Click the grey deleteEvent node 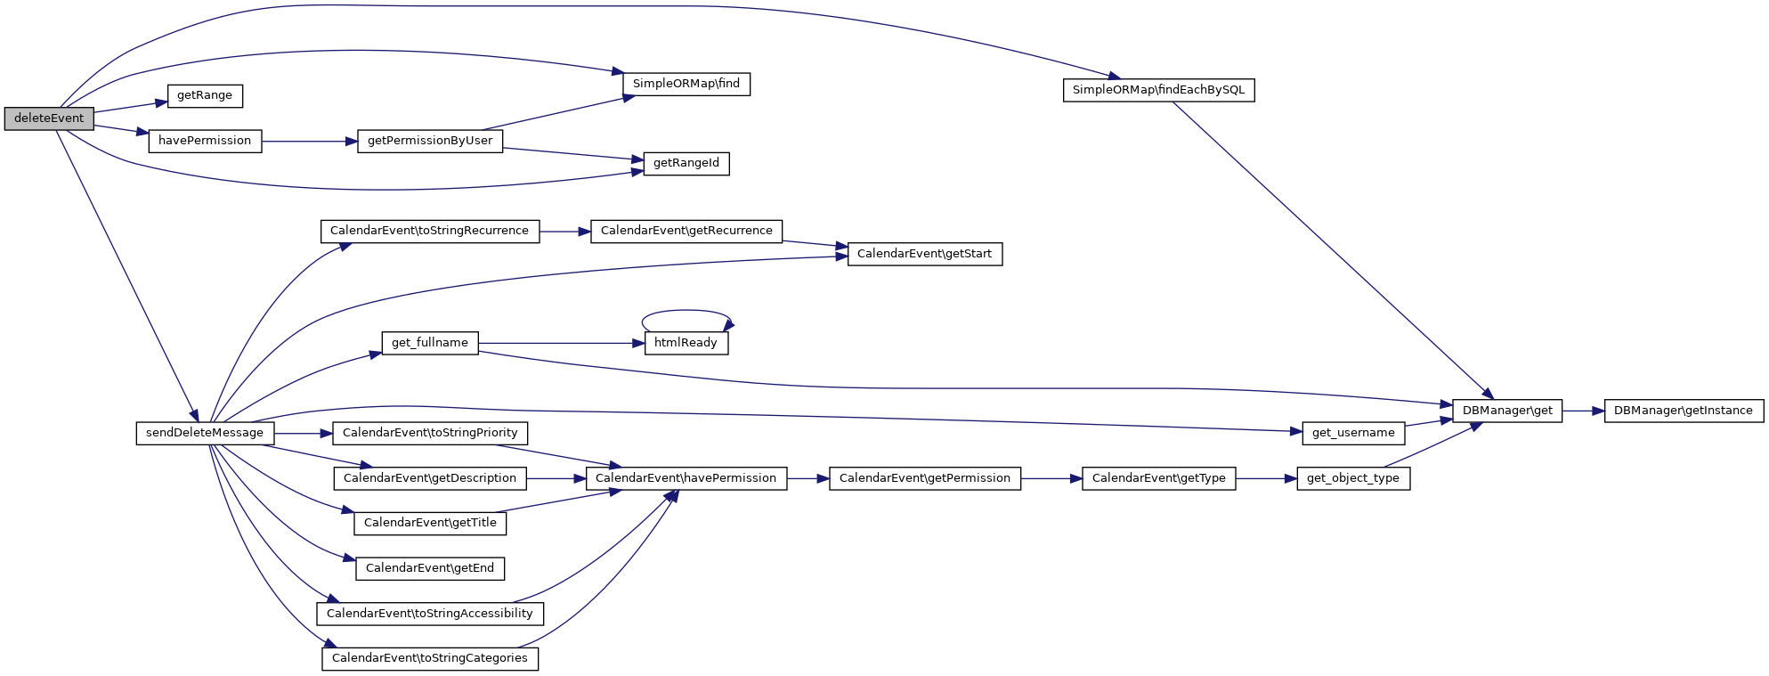(x=49, y=118)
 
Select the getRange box (x=205, y=95)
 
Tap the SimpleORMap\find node (x=686, y=84)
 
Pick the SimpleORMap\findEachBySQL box (x=1158, y=90)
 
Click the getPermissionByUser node (x=430, y=141)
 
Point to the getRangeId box (x=686, y=164)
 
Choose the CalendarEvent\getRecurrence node (x=686, y=231)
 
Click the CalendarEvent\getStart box (x=924, y=254)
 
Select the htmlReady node (x=686, y=343)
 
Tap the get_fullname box (x=430, y=343)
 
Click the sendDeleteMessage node (x=205, y=433)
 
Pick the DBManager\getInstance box (x=1683, y=411)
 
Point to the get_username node (x=1353, y=433)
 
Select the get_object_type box (x=1352, y=478)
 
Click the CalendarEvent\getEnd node (x=430, y=568)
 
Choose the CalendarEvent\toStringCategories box (x=430, y=658)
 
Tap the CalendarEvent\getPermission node (x=924, y=478)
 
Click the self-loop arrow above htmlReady (x=686, y=311)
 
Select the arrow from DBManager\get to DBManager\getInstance (x=1583, y=411)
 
